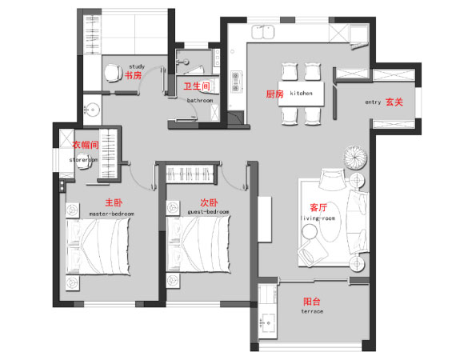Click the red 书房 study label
133,75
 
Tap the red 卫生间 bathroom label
197,86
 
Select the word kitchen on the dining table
301,93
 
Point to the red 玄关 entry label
394,102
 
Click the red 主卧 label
114,202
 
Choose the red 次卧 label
209,202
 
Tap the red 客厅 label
318,207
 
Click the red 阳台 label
312,302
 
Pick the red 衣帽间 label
86,145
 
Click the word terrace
312,311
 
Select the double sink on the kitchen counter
262,32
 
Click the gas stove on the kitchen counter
236,82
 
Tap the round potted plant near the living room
355,158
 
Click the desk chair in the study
113,73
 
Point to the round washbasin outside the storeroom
93,110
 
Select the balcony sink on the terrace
267,323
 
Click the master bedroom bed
98,246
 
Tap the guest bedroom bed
198,244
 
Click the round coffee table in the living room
310,231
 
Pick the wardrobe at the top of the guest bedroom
190,174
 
